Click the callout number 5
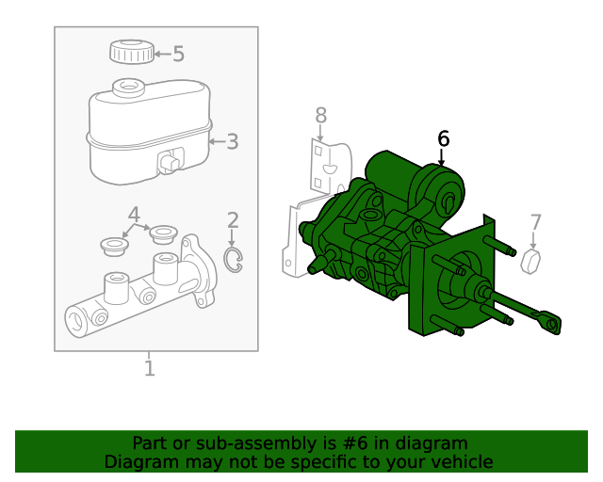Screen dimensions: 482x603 [x=178, y=55]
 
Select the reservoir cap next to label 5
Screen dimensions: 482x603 [x=131, y=52]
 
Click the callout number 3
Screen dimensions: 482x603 [x=232, y=142]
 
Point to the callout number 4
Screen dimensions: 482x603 [x=134, y=214]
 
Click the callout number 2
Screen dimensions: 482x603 [x=233, y=220]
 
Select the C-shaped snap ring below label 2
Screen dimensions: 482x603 [x=233, y=261]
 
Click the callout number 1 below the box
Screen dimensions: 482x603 [x=149, y=367]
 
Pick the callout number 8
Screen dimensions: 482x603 [x=320, y=116]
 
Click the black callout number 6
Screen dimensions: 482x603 [x=443, y=139]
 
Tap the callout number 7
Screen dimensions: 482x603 [x=535, y=222]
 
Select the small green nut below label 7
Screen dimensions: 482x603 [x=533, y=261]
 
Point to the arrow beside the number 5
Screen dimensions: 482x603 [x=161, y=55]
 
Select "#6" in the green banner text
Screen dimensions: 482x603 [x=343, y=443]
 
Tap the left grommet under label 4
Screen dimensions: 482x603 [x=114, y=247]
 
